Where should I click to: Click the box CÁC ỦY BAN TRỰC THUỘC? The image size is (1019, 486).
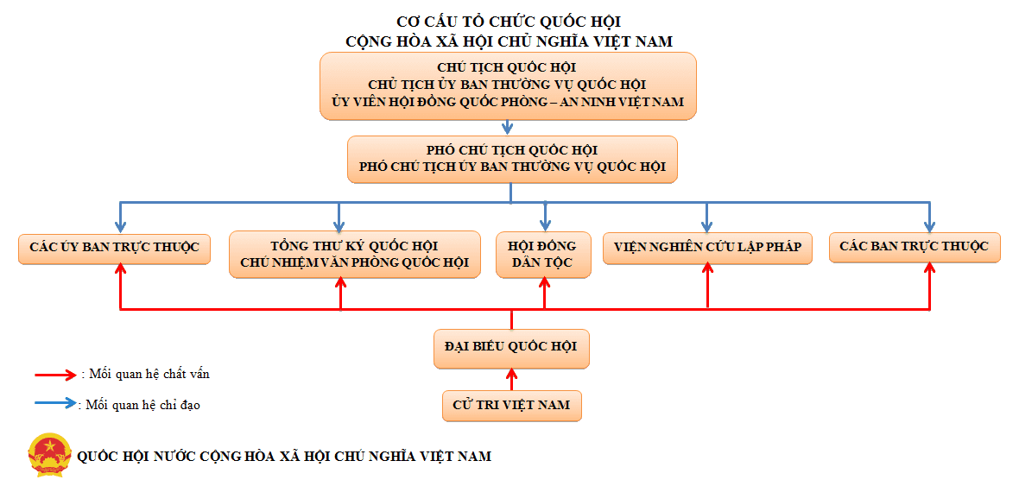point(114,249)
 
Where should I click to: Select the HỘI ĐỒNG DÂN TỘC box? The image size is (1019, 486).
point(544,255)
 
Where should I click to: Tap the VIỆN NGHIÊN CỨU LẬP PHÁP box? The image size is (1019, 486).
point(708,248)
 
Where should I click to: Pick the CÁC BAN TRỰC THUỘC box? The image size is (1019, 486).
point(915,248)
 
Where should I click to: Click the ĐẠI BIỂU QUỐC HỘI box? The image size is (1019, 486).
point(511,348)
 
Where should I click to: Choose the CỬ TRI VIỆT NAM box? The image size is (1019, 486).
point(511,406)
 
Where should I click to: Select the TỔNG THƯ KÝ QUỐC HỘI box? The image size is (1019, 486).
point(355,255)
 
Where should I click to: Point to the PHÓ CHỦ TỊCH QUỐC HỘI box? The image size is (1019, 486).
point(512,159)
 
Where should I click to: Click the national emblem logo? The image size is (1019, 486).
point(49,455)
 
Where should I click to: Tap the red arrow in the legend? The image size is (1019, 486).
point(57,375)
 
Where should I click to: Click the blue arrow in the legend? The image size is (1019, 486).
point(57,403)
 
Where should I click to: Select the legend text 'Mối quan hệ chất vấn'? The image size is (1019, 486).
point(149,375)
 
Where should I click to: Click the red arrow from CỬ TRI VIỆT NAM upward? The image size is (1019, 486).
point(511,379)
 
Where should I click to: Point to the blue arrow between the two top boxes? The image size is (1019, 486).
point(508,128)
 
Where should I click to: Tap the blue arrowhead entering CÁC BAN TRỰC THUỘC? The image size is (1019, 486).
point(930,227)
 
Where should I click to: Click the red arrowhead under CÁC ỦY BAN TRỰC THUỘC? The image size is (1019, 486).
point(121,269)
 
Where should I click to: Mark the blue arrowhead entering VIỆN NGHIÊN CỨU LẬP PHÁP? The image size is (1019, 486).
point(708,227)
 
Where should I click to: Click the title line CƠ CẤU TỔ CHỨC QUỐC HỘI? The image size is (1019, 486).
point(513,22)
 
